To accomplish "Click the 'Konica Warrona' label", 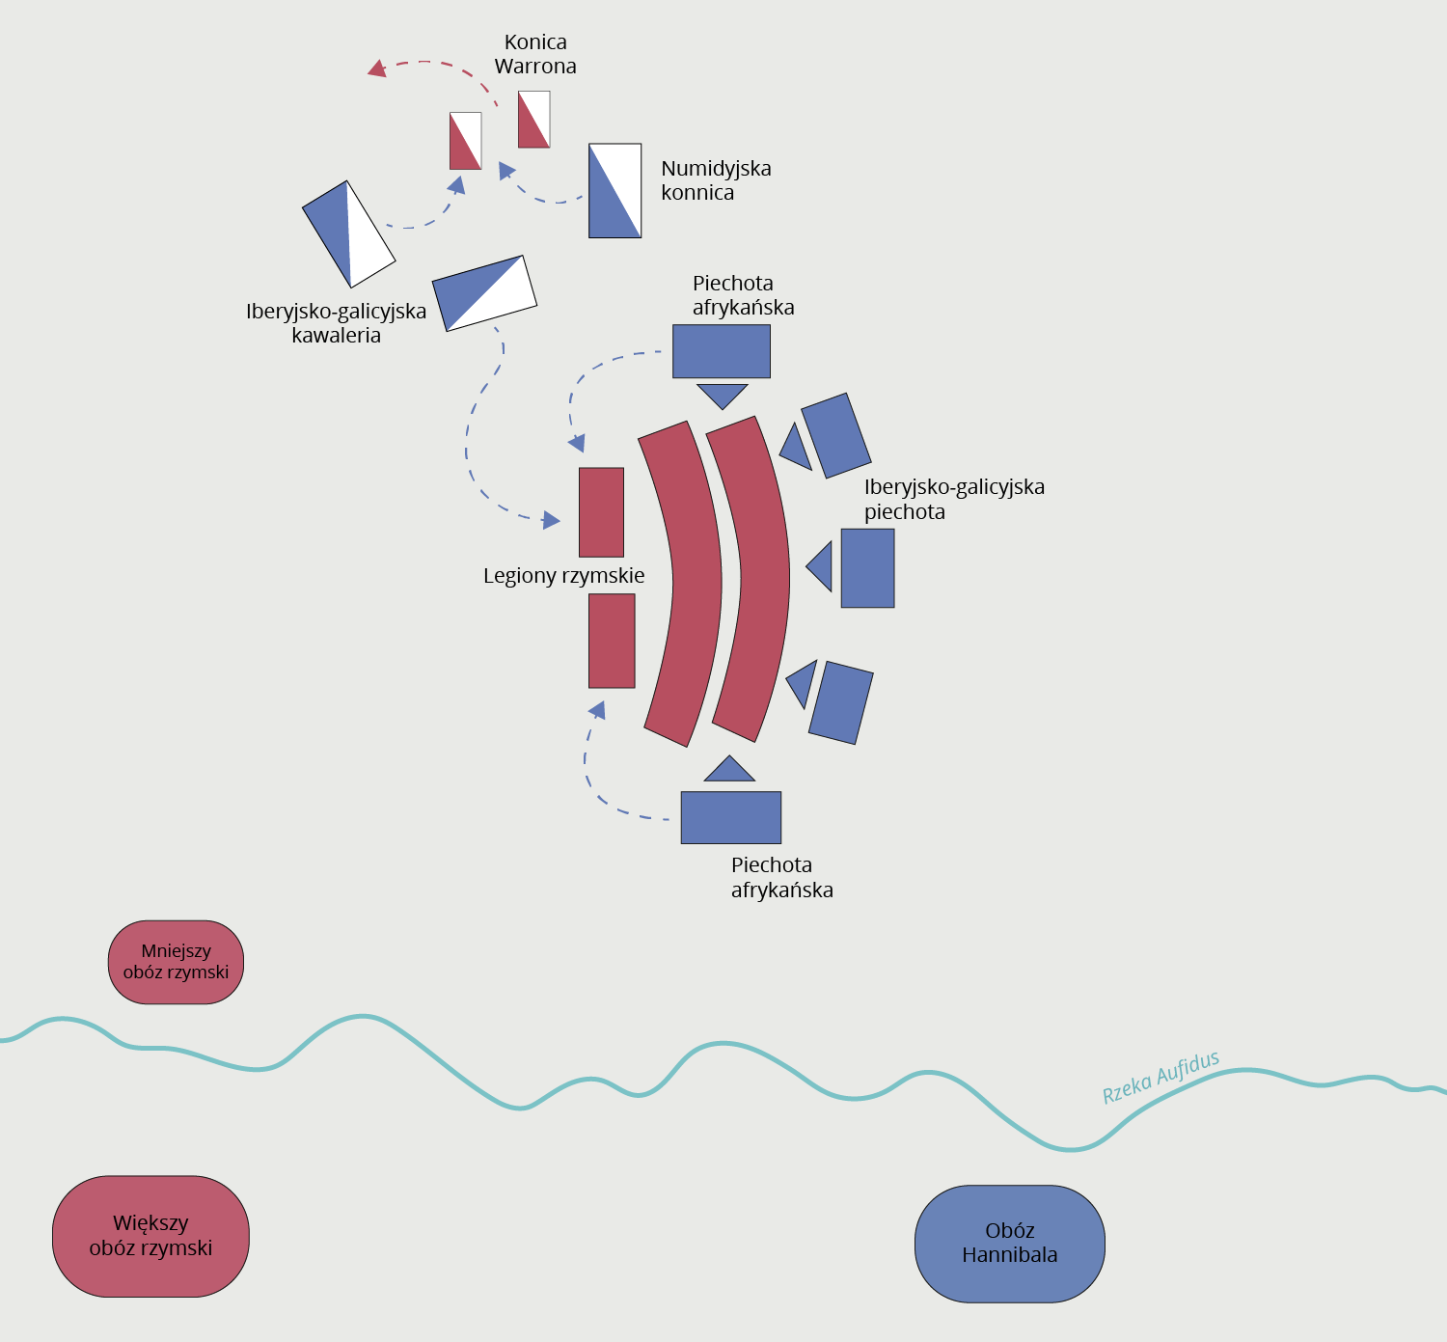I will tap(535, 54).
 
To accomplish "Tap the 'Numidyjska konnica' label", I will tap(716, 180).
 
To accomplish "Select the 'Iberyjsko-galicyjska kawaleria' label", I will tap(336, 323).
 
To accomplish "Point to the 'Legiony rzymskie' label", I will tap(563, 576).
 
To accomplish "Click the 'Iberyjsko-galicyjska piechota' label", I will tap(953, 499).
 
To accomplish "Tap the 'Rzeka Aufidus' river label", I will tap(1160, 1078).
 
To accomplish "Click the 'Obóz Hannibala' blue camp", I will tap(1009, 1243).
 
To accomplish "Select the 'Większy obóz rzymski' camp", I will tap(150, 1236).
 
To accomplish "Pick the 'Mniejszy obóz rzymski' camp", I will tap(176, 962).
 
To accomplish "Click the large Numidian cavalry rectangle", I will tap(615, 190).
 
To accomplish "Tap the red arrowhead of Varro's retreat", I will tap(377, 68).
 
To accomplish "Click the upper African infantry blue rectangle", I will tap(722, 351).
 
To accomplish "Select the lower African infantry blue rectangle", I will tap(731, 817).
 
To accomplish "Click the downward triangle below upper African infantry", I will tap(723, 394).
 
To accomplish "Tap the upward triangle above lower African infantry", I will tap(729, 771).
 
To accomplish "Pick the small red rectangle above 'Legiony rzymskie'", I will tap(601, 512).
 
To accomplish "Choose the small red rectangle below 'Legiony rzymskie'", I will tap(612, 641).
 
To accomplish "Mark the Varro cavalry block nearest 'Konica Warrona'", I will tap(534, 120).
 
